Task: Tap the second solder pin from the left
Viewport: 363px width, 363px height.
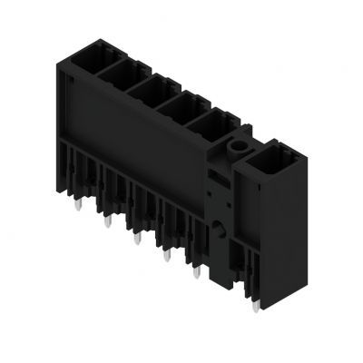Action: [108, 223]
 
